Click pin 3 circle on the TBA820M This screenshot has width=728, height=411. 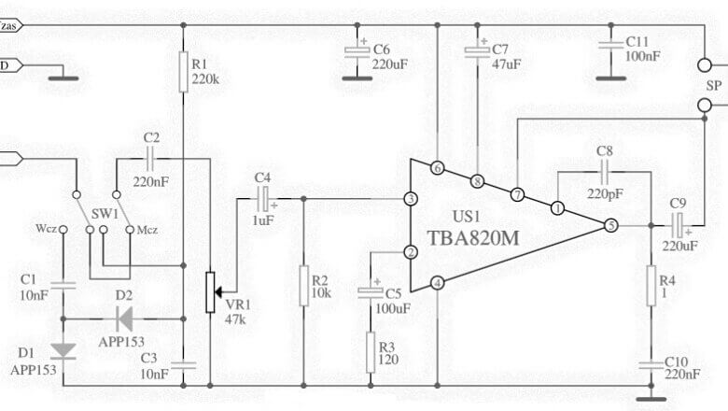tap(411, 199)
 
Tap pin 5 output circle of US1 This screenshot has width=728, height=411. tap(610, 226)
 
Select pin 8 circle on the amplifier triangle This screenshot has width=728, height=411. tap(477, 181)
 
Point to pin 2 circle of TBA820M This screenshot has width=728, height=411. tap(411, 252)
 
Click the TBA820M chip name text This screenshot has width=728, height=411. tap(472, 238)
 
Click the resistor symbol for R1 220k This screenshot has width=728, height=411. tap(183, 72)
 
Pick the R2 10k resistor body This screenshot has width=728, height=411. tap(303, 286)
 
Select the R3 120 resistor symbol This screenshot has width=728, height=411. tap(371, 352)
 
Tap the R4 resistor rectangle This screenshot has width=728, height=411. tap(651, 286)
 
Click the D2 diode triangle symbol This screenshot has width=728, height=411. tap(123, 319)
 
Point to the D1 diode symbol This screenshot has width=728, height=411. tap(63, 350)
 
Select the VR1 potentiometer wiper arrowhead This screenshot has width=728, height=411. tap(217, 292)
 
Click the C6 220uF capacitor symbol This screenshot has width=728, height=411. tap(357, 51)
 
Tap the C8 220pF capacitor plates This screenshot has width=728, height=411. tap(605, 171)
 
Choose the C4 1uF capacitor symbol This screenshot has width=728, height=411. tap(265, 199)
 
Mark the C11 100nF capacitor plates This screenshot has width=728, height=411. tap(610, 45)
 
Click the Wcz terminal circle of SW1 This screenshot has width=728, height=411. tap(63, 230)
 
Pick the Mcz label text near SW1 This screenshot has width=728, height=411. tap(147, 230)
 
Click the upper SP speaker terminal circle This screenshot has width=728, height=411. tap(705, 65)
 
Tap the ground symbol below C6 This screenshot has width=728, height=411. tap(357, 78)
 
